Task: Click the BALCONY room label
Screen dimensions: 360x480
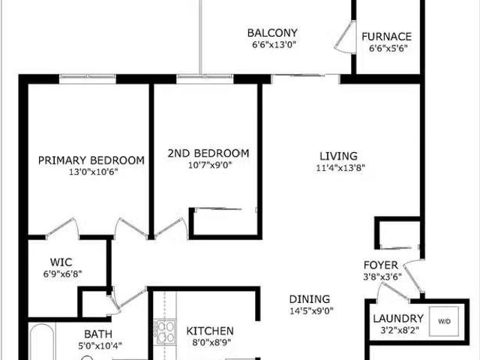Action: (272, 33)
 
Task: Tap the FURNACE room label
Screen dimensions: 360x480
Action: (386, 36)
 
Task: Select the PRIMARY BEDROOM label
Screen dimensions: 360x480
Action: (91, 160)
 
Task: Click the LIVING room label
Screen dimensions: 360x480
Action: (336, 156)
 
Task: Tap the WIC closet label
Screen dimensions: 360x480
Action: (61, 262)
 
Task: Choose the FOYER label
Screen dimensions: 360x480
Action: (380, 265)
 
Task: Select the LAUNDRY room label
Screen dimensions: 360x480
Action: (397, 318)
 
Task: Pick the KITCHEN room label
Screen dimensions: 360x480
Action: (210, 331)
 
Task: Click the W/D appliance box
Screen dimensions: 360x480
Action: (445, 321)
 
